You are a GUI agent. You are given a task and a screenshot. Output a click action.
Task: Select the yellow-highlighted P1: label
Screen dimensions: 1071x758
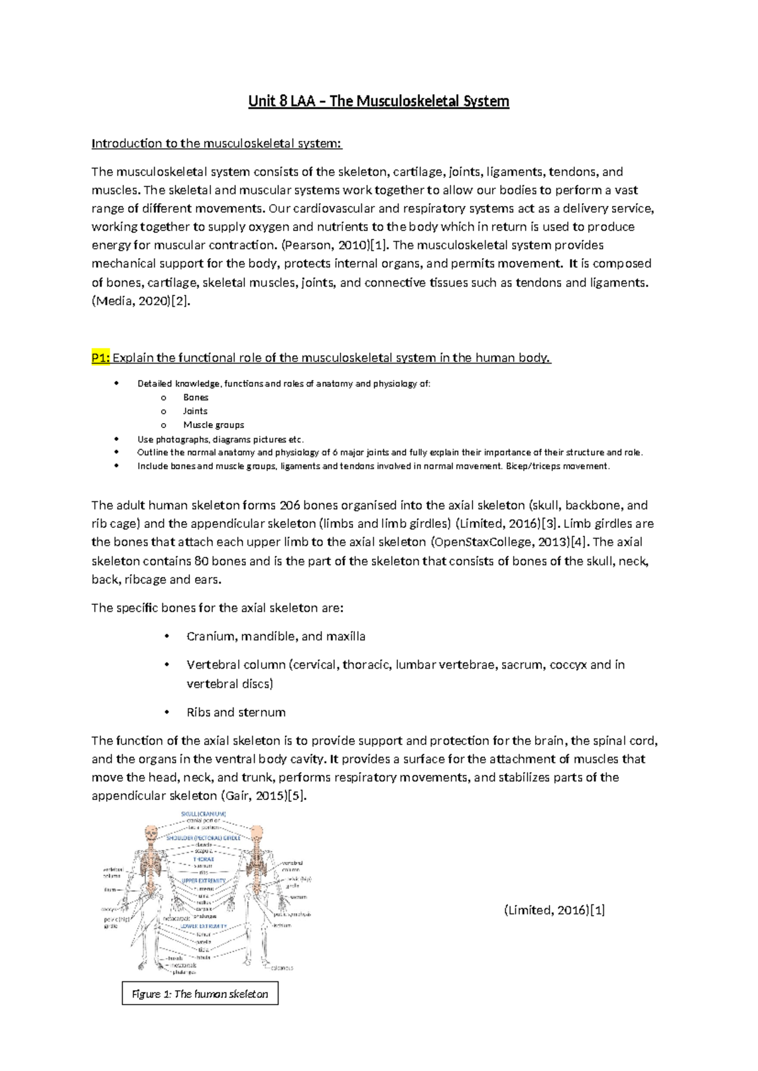pyautogui.click(x=100, y=358)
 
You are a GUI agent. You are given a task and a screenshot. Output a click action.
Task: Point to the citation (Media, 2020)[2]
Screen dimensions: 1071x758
pyautogui.click(x=140, y=301)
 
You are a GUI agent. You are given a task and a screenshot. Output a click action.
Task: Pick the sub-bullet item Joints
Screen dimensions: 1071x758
pyautogui.click(x=195, y=411)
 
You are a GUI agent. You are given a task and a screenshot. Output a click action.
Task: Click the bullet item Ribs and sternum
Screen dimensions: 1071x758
pyautogui.click(x=236, y=712)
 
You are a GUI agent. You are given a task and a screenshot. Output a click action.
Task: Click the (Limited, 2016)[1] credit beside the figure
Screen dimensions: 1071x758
pyautogui.click(x=555, y=910)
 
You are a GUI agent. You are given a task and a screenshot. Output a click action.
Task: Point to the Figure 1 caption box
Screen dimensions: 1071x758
pyautogui.click(x=200, y=994)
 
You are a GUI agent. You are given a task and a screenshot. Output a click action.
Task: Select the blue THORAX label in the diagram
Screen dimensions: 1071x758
pyautogui.click(x=203, y=859)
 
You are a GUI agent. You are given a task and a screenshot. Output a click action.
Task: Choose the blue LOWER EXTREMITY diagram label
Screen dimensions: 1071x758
pyautogui.click(x=203, y=926)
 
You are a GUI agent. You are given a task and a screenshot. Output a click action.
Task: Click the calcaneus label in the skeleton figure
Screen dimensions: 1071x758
pyautogui.click(x=282, y=968)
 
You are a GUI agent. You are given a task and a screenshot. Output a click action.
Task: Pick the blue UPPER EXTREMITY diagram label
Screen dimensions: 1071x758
pyautogui.click(x=203, y=880)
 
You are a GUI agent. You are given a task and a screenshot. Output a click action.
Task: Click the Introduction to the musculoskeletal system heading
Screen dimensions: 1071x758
pyautogui.click(x=216, y=143)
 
